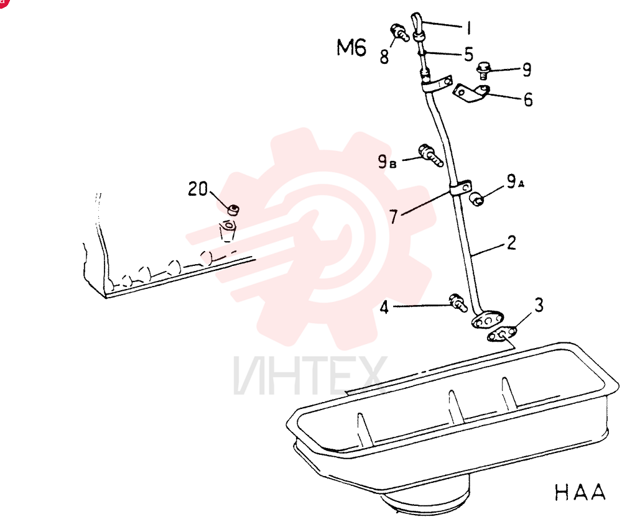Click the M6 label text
tap(351, 48)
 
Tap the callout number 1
tap(469, 28)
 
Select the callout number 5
tap(469, 54)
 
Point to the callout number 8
tap(384, 57)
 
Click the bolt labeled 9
tap(483, 71)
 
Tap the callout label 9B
tap(387, 162)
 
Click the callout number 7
tap(393, 216)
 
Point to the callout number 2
tap(512, 242)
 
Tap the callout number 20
tap(198, 189)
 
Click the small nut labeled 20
tap(233, 209)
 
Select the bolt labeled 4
tap(458, 303)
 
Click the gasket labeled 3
tap(502, 334)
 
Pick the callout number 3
tap(539, 305)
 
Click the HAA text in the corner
tap(580, 492)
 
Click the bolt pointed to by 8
tap(400, 32)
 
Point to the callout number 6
tap(528, 99)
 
